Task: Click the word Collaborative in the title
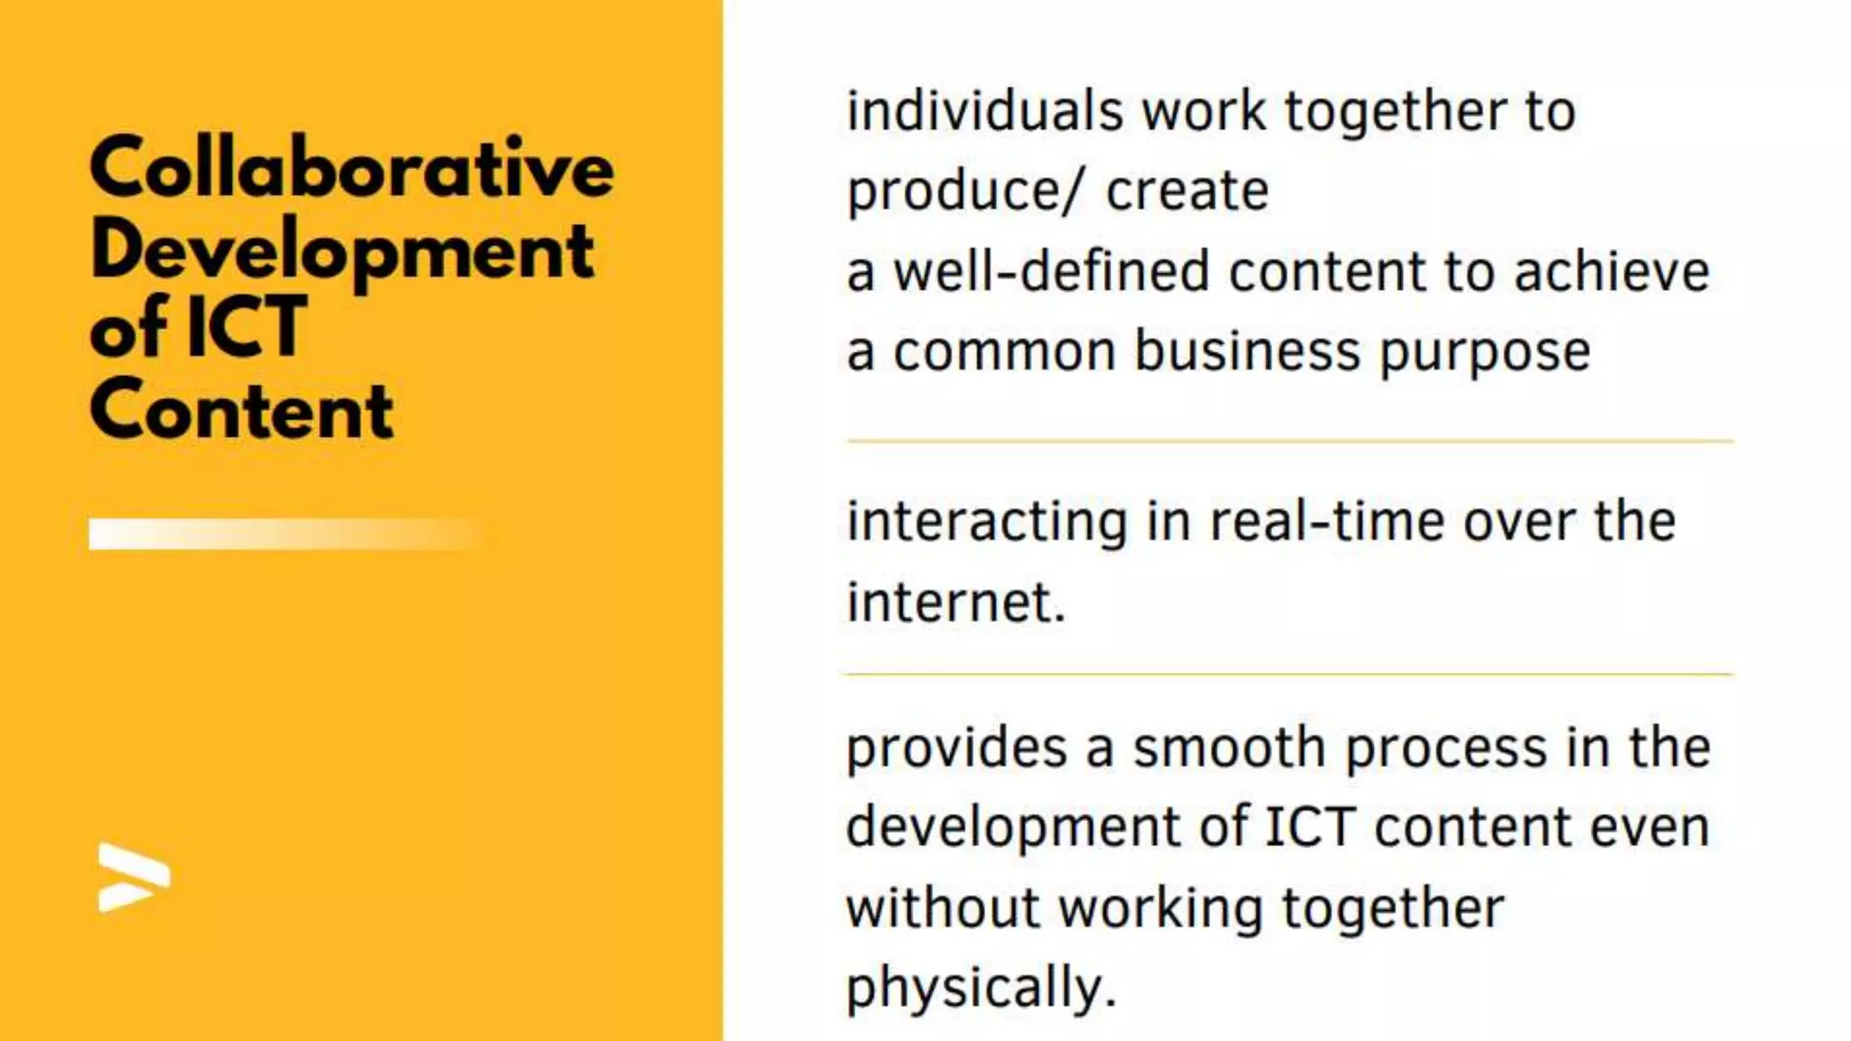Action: click(x=352, y=168)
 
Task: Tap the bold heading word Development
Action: click(x=343, y=251)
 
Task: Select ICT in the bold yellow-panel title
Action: click(x=246, y=328)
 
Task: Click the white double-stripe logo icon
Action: click(x=134, y=877)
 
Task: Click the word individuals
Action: click(x=984, y=111)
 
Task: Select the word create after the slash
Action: click(x=1187, y=192)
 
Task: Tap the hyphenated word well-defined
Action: click(x=1051, y=271)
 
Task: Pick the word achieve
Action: click(x=1611, y=271)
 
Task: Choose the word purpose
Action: click(x=1484, y=352)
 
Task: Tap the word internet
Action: click(x=955, y=602)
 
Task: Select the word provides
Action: click(x=956, y=748)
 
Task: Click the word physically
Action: click(x=981, y=988)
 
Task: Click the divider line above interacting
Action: click(x=1290, y=441)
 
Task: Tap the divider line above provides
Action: click(x=1290, y=674)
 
